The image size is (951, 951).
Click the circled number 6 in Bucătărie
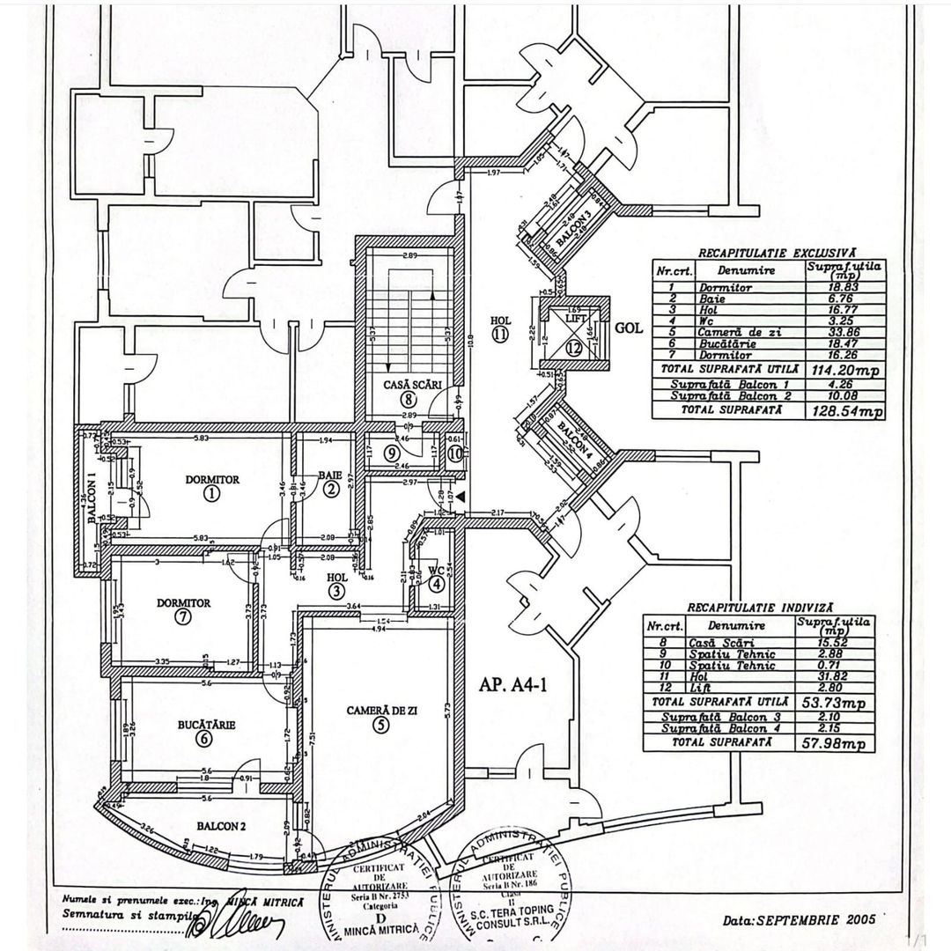[x=204, y=739]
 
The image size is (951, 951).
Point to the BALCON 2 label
[x=220, y=827]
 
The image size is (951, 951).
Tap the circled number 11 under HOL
[x=501, y=334]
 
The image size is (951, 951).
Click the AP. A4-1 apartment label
[x=514, y=686]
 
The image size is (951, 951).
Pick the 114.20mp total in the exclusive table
[x=846, y=371]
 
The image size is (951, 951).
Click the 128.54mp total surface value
[x=846, y=410]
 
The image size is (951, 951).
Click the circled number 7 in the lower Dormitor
[x=182, y=617]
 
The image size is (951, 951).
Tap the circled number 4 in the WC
[x=437, y=582]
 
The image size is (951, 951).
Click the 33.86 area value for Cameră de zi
[x=841, y=333]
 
